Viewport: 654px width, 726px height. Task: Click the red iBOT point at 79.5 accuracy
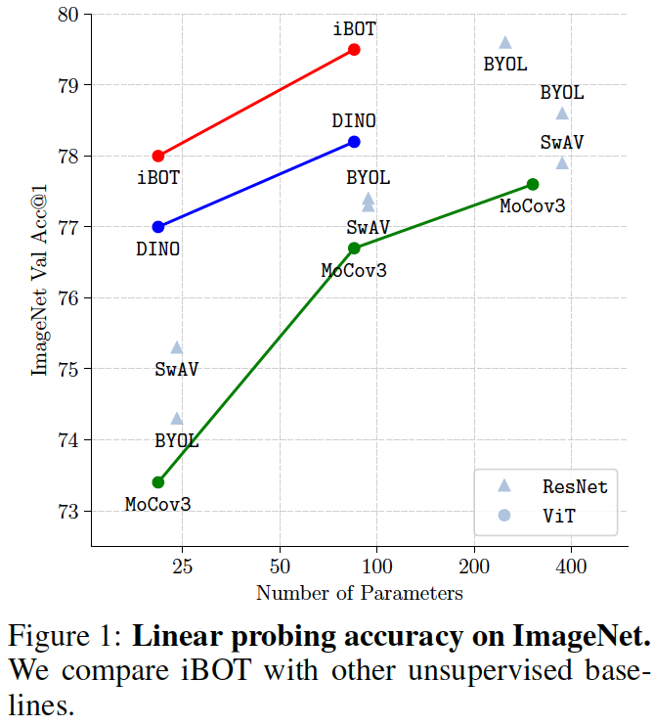point(354,49)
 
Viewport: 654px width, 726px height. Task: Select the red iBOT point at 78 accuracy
point(158,156)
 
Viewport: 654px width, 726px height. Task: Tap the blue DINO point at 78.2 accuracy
point(354,142)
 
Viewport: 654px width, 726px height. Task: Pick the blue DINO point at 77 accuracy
point(158,227)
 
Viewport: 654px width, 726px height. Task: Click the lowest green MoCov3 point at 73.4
point(158,481)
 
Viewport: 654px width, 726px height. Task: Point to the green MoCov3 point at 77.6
point(533,184)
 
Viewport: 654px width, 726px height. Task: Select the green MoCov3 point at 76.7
point(354,248)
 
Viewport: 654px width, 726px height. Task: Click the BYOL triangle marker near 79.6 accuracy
point(505,42)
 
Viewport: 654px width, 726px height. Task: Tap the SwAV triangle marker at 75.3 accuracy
point(177,347)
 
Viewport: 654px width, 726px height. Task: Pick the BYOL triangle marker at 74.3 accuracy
point(177,419)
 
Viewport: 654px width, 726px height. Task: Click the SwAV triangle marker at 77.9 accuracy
point(562,162)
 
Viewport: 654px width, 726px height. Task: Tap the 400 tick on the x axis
point(571,567)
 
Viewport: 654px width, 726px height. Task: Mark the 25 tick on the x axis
point(183,567)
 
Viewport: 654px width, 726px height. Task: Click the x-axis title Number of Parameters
point(359,593)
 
